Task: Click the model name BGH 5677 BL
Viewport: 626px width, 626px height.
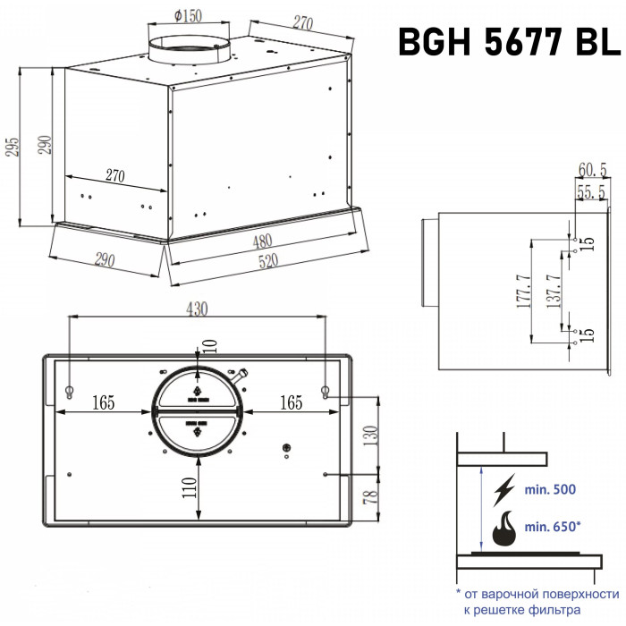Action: [x=510, y=42]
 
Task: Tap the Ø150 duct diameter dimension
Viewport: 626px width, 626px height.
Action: [x=188, y=16]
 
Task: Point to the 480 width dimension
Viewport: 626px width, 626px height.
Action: [x=262, y=241]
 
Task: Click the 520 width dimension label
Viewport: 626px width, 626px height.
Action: [x=268, y=261]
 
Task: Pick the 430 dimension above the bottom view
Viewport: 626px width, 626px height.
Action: [x=198, y=309]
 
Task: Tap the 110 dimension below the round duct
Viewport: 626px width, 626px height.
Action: [x=190, y=487]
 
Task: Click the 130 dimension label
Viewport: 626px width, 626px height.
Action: [x=370, y=436]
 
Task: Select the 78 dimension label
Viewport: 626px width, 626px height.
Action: [x=370, y=496]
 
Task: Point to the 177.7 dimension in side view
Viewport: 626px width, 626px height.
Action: [x=524, y=291]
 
